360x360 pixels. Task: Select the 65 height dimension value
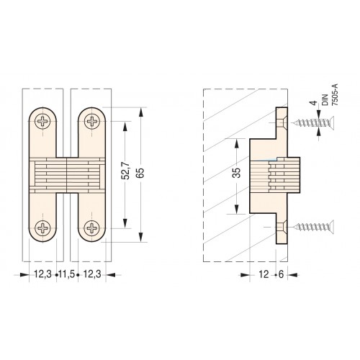click(140, 172)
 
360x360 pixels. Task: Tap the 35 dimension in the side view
click(236, 173)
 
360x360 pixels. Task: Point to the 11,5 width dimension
click(67, 274)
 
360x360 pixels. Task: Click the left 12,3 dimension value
click(42, 274)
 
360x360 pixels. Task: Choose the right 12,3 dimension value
click(92, 274)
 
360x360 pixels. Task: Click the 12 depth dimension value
click(264, 274)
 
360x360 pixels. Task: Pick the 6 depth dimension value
click(281, 274)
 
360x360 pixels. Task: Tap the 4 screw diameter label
click(313, 103)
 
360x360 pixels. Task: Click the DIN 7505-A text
click(330, 95)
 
